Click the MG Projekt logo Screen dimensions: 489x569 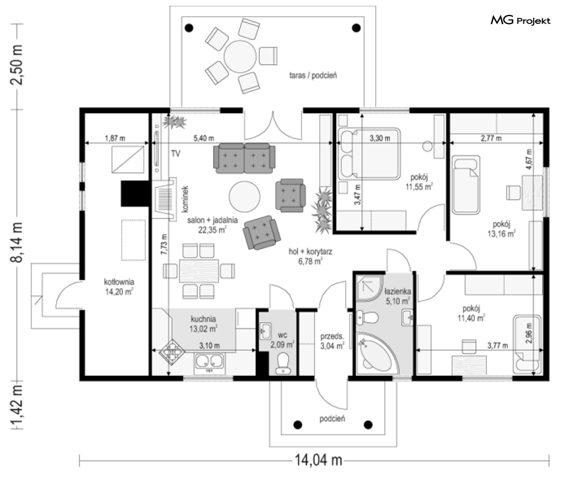520,21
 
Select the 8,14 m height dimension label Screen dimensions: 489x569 18,242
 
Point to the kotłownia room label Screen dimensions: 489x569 119,282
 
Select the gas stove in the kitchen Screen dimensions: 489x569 173,352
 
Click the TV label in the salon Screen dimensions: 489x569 176,154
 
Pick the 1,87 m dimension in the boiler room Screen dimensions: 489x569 115,138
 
